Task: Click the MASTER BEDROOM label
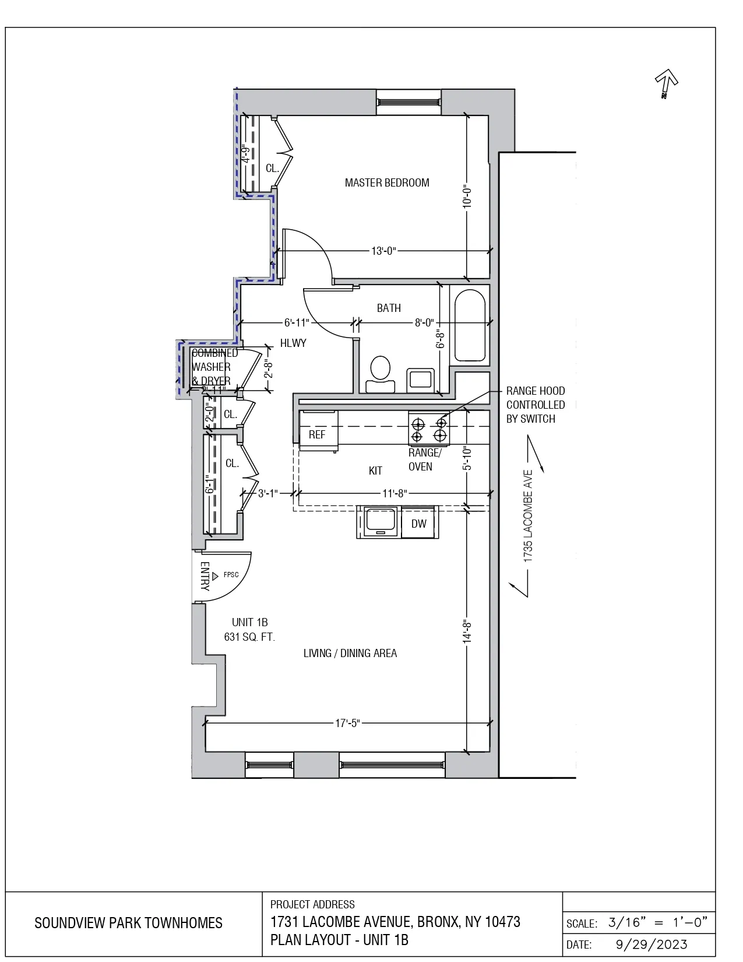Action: pos(387,183)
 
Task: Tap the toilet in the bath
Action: pos(380,374)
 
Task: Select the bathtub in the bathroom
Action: pos(470,325)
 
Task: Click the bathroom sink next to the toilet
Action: pos(420,379)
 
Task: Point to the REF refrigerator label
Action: pos(317,435)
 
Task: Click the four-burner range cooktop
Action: pos(429,429)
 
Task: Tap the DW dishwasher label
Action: pos(419,524)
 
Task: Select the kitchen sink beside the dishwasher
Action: pos(380,521)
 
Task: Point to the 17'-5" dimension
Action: pos(347,724)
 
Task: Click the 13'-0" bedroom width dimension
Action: pos(383,251)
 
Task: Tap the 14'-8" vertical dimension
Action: pos(467,631)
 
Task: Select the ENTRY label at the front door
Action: pos(205,576)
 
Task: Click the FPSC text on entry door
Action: pos(231,575)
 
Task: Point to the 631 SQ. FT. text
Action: pos(249,637)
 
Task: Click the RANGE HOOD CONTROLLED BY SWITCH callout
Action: pos(535,405)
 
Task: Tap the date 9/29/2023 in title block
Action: pos(652,945)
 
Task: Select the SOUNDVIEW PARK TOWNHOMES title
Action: pos(128,924)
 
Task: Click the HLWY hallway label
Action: pos(293,343)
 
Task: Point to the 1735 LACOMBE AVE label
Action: pos(528,516)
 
